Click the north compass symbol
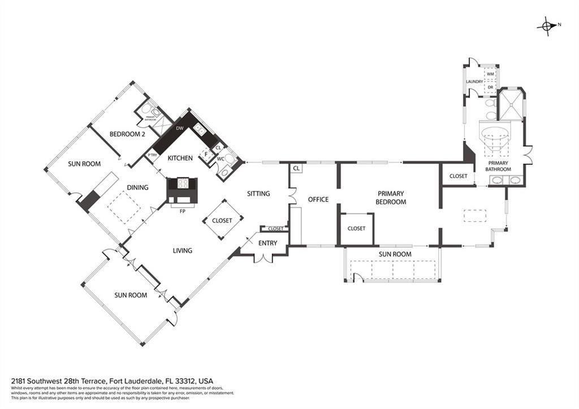pos(547,25)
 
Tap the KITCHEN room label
pos(180,158)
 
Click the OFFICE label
pos(318,199)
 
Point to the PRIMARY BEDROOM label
pos(391,197)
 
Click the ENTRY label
pos(267,243)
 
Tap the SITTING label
pos(258,193)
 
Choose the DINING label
pos(137,188)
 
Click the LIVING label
pos(183,251)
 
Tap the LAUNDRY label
pos(474,81)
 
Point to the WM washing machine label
pos(490,74)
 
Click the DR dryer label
pos(490,87)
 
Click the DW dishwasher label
pos(179,128)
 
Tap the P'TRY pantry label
pos(152,155)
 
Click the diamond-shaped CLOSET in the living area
pos(222,221)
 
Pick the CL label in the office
pos(296,168)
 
